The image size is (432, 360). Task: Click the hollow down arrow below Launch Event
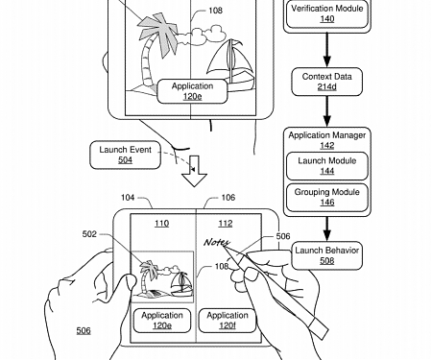[x=195, y=173]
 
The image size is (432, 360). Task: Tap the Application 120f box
[x=228, y=321]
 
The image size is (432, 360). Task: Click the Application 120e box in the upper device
[x=192, y=91]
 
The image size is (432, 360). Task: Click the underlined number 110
[x=162, y=225]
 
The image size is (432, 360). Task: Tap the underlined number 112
[x=227, y=225]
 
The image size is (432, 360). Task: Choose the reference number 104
[x=127, y=197]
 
